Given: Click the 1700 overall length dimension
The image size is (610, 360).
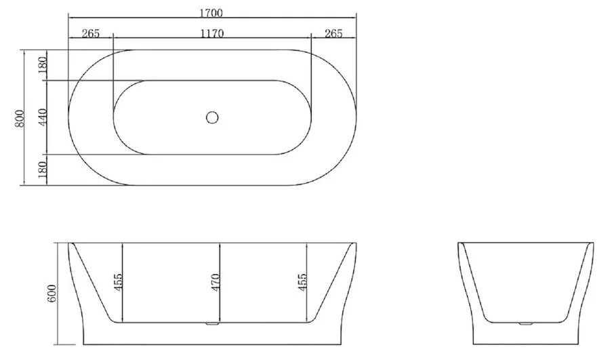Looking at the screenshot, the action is [211, 14].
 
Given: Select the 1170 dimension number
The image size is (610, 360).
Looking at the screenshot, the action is [212, 33].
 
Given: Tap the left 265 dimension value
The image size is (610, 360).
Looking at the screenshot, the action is [91, 33].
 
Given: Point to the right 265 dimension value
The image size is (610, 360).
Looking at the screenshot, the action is [333, 33].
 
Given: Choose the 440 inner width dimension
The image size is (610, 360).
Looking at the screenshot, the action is [43, 117].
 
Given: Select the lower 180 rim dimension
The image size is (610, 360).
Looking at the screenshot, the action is [43, 169].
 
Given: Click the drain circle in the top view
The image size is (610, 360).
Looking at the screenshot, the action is [212, 117].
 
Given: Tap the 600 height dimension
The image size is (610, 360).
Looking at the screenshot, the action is [52, 293].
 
